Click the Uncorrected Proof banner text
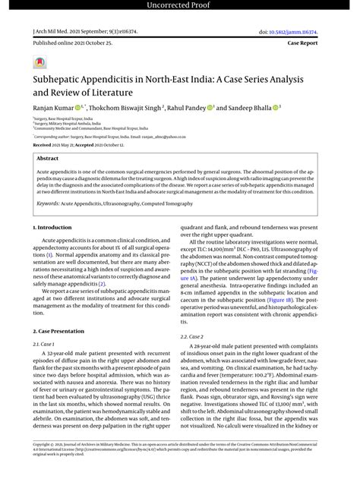180,6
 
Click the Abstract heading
48,158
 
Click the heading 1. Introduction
53,227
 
